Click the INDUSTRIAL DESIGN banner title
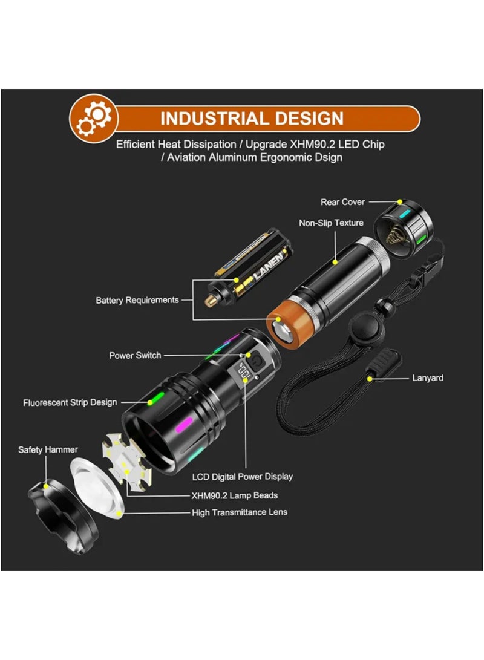252,118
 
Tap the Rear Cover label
342,202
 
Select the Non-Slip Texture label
331,223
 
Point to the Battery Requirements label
137,300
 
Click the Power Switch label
135,355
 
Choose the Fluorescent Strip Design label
70,402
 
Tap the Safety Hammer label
48,449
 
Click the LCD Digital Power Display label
242,476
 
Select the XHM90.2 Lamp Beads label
235,495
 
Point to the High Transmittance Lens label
240,512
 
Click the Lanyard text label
428,378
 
